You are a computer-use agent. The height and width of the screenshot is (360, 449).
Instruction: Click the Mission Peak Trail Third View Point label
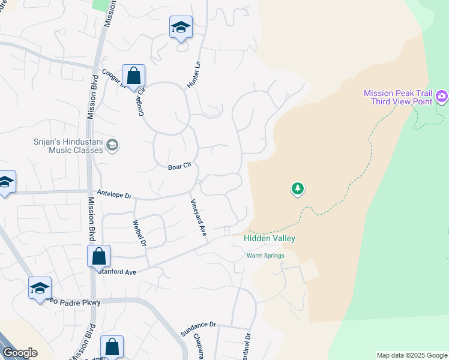tap(398, 97)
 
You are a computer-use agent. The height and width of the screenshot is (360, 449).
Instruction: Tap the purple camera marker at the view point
tap(442, 96)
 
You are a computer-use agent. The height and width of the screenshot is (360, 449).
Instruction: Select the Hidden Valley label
tap(270, 238)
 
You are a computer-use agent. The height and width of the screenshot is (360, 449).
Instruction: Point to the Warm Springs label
tap(265, 256)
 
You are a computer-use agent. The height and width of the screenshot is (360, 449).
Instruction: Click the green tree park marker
tap(297, 190)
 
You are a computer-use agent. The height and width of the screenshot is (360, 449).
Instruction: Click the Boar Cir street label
tap(179, 167)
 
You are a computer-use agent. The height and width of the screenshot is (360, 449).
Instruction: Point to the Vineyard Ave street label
tap(199, 217)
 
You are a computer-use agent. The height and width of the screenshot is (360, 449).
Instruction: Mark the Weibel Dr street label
tap(138, 232)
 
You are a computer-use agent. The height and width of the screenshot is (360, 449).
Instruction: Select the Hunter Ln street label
tap(193, 76)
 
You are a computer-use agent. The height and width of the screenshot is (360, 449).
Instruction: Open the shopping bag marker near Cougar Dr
tap(133, 77)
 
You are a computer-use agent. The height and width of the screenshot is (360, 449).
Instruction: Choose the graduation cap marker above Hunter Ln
tap(181, 28)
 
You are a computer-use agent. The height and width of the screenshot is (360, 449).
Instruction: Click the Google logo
tap(19, 353)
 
